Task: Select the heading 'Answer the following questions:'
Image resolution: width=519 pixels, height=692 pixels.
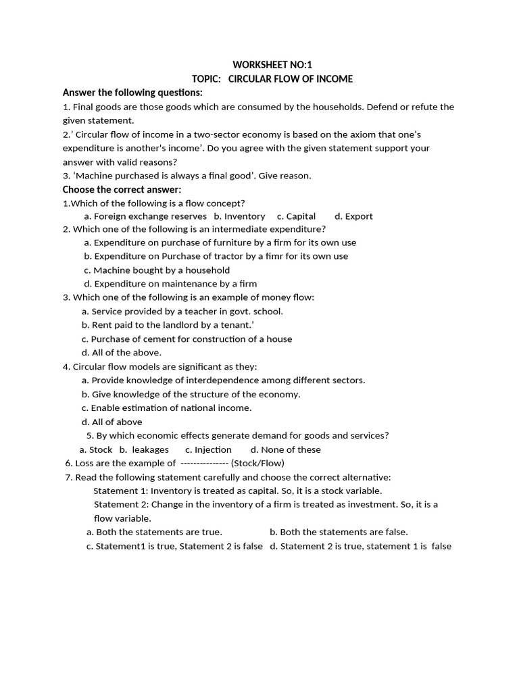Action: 132,93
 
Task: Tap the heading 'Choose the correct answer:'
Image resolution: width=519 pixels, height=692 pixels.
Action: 122,189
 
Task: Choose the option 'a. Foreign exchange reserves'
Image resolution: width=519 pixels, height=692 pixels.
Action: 145,216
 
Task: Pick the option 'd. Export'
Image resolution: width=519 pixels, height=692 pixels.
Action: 353,216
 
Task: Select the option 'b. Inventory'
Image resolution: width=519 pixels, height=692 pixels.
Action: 239,216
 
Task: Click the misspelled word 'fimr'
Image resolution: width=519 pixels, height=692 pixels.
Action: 261,256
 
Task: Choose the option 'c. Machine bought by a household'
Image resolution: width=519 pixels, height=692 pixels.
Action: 157,270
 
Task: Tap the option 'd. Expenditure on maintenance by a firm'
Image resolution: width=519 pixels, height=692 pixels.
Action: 170,284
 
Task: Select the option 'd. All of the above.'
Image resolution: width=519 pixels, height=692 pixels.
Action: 122,353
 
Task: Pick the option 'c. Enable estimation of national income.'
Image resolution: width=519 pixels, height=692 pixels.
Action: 166,408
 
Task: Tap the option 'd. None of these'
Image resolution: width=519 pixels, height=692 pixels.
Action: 285,450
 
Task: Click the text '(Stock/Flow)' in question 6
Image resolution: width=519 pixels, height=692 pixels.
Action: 257,464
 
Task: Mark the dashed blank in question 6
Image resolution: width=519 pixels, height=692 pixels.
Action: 204,464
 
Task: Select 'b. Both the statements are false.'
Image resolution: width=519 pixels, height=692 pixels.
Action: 339,533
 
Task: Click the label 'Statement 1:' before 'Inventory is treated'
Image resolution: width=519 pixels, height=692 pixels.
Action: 120,491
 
